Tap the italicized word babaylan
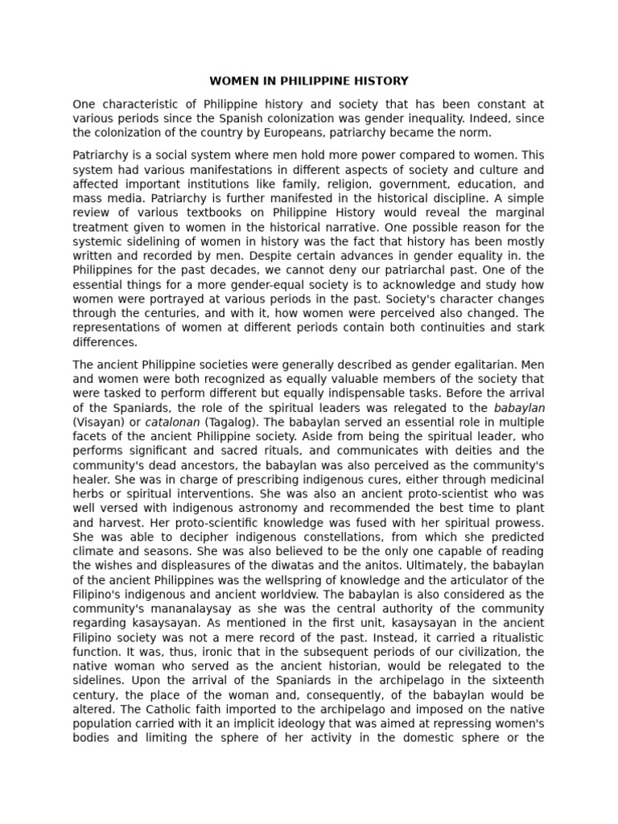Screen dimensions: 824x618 coord(519,408)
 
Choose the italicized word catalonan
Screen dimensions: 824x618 coord(173,422)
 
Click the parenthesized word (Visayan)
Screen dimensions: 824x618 coord(100,422)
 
